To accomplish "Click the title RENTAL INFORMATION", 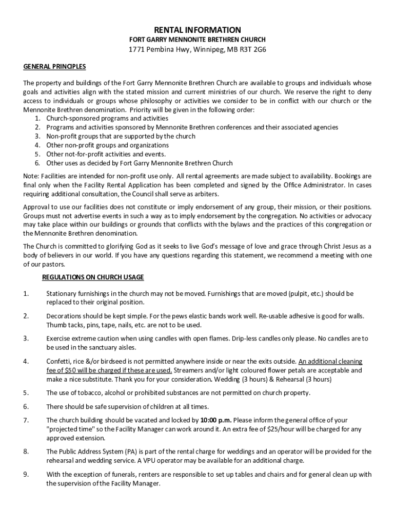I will click(197, 30).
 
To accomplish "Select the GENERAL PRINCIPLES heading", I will click(54, 67).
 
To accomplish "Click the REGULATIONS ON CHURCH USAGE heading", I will click(93, 277).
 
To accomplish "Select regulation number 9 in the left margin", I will click(26, 475).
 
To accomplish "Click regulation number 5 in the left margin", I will click(26, 393).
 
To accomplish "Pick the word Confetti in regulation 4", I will click(59, 362).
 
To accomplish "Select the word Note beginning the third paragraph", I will click(31, 177).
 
